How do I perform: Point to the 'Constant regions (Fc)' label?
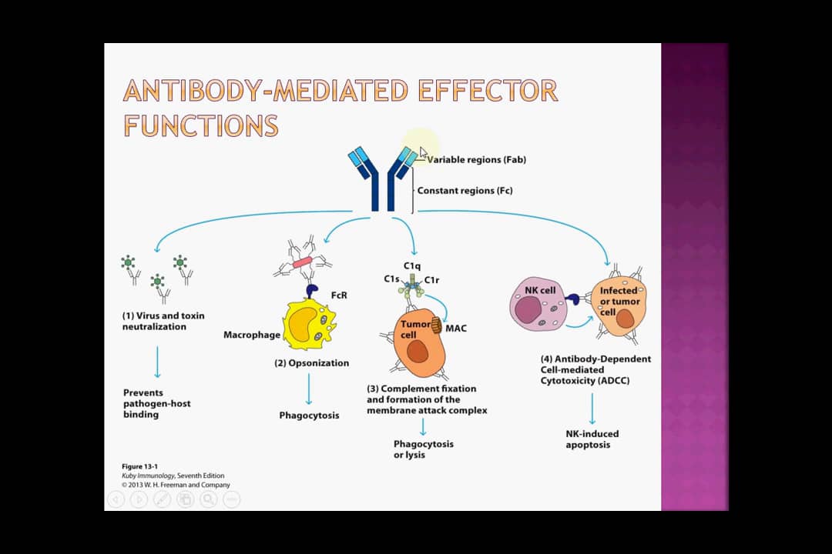[465, 190]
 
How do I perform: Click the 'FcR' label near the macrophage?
[338, 295]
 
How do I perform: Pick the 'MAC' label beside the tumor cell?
[455, 329]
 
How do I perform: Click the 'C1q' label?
[411, 265]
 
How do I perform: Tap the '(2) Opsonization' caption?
[311, 362]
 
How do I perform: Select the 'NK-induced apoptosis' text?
[592, 439]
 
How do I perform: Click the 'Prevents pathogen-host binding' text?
[156, 403]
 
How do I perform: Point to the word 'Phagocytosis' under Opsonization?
[309, 415]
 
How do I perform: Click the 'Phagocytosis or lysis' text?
[423, 449]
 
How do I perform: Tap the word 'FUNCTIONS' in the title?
[200, 125]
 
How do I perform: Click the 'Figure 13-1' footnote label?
[139, 466]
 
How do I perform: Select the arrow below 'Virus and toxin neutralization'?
[157, 361]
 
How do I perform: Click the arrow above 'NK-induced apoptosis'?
[592, 409]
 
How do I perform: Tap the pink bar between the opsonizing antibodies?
[302, 262]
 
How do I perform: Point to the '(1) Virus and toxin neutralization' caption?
[163, 321]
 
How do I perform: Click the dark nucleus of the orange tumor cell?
[417, 352]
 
